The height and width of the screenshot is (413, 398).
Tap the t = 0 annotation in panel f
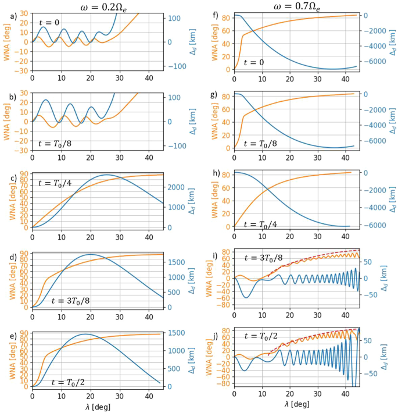253,62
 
